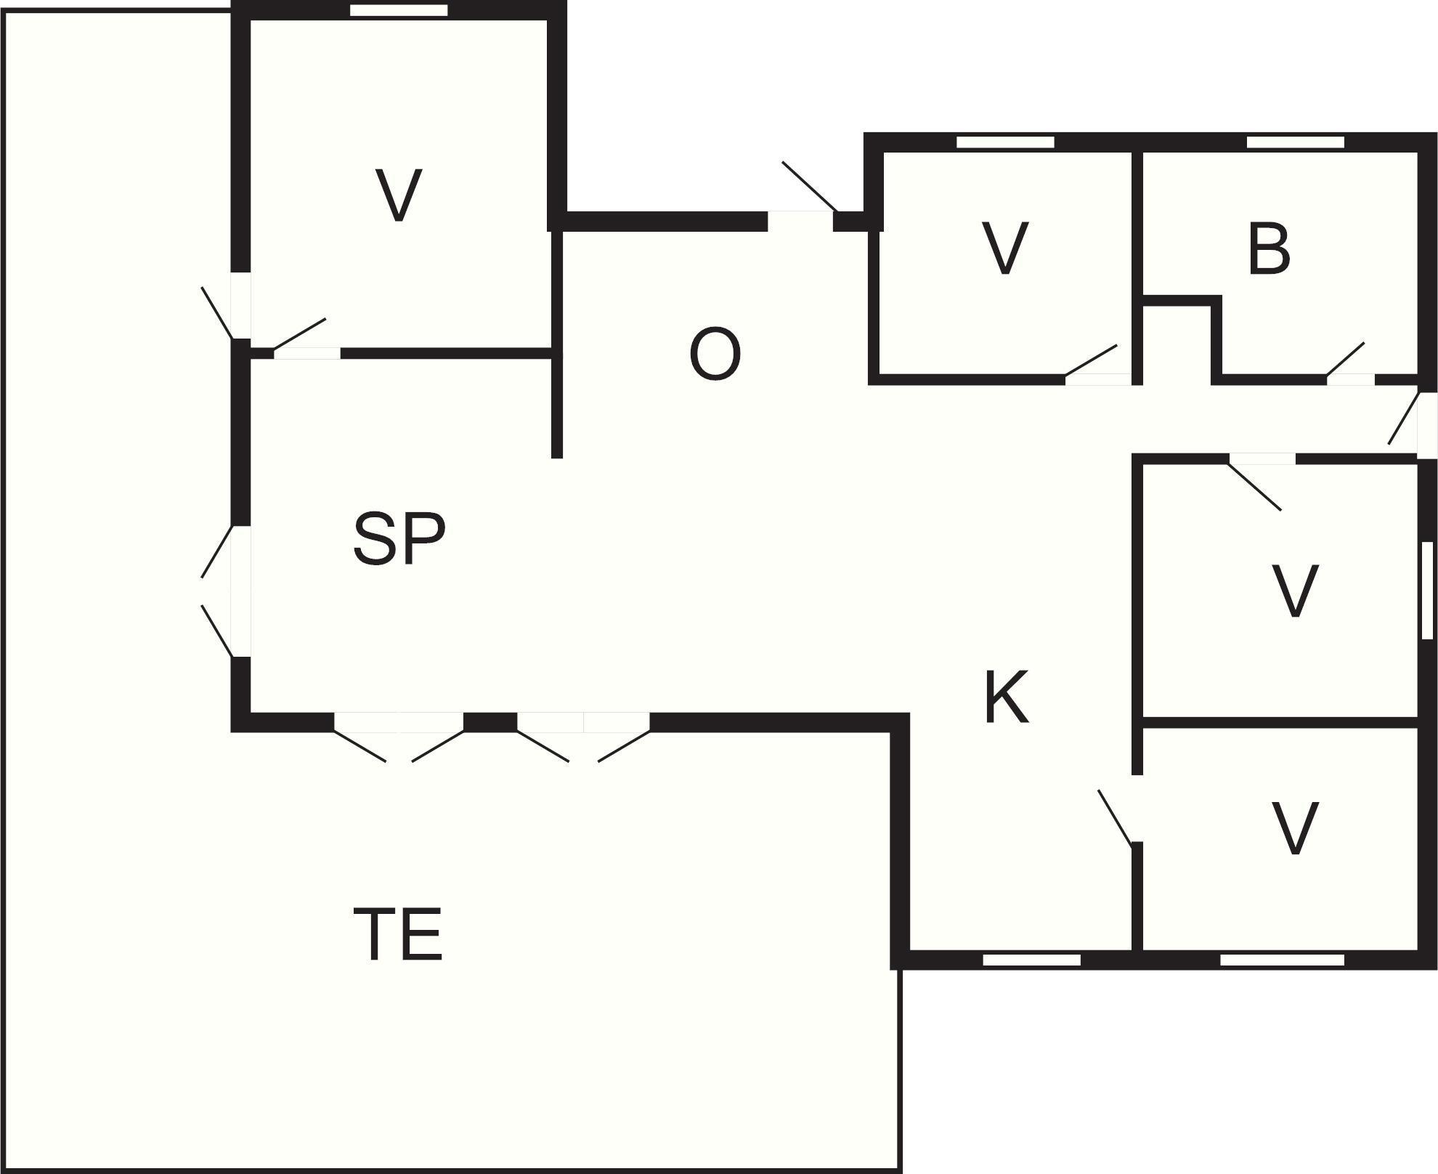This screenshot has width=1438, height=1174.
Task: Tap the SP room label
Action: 399,538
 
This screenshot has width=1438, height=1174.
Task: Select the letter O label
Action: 715,355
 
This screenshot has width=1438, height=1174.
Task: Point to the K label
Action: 1007,697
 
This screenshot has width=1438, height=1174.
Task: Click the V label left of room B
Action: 1005,248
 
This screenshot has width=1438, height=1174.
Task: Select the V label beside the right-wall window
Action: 1296,591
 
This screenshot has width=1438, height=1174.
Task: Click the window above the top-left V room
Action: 399,10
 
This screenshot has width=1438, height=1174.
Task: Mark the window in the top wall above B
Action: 1295,142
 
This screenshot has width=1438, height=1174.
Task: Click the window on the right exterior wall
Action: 1427,590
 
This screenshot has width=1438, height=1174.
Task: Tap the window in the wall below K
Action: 1031,960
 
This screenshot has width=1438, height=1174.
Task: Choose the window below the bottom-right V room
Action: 1282,960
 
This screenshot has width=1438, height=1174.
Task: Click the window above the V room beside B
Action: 1004,142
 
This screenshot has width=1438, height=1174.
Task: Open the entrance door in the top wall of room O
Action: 800,212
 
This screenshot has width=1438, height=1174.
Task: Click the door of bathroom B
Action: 1351,378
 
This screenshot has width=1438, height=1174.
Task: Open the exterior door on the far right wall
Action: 1426,425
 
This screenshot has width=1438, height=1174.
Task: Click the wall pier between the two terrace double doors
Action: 490,722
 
